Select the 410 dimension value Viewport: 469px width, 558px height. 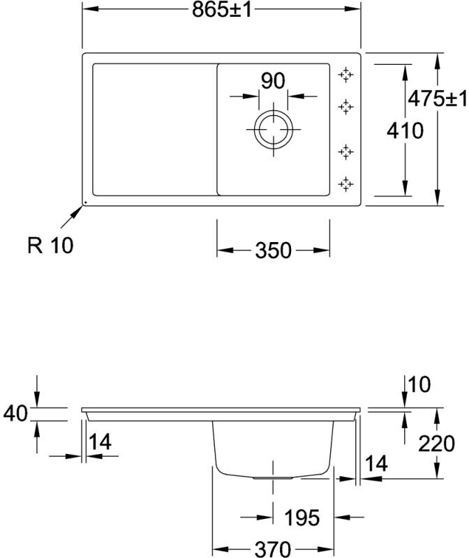coord(404,130)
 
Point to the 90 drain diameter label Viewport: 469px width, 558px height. coord(274,81)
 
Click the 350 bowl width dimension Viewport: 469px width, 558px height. coord(273,250)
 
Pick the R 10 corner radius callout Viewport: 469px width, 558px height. coord(50,246)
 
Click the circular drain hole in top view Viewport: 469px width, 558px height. coord(274,130)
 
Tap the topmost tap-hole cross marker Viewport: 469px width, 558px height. coord(345,75)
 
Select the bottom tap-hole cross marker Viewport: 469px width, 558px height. coord(345,184)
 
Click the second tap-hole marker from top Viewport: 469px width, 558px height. coord(345,106)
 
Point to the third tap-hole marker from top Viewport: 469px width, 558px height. coord(345,151)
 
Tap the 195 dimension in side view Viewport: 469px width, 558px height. coord(302,518)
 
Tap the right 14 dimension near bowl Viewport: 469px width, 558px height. coord(376,463)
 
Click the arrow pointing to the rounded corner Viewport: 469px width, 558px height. coord(70,217)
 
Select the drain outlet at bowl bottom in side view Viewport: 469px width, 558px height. coord(273,478)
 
